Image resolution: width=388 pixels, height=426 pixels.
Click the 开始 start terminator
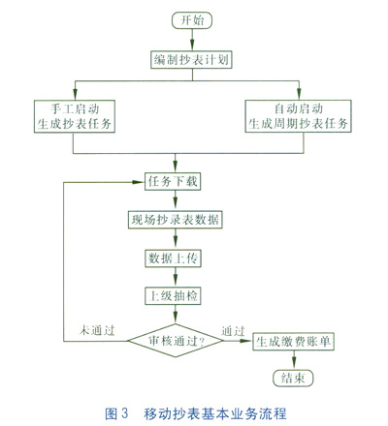tap(192, 20)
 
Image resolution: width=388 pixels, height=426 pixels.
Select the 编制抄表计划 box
tap(191, 60)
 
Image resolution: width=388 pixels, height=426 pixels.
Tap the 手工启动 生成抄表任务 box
tap(75, 116)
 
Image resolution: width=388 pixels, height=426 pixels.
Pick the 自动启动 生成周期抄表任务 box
tap(298, 116)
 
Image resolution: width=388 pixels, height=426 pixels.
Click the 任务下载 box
tap(173, 181)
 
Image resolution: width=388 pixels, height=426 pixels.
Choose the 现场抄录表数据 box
tap(176, 220)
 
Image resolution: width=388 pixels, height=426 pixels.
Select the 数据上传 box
tap(173, 259)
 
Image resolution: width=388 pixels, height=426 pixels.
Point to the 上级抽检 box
tap(173, 296)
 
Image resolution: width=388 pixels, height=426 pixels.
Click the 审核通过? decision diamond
tap(176, 341)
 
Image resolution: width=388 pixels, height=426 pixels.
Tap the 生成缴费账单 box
tap(293, 342)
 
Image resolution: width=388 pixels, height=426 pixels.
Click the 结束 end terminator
tap(293, 378)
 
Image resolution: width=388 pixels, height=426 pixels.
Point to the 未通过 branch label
tap(97, 330)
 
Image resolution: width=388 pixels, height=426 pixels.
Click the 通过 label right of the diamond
tap(233, 331)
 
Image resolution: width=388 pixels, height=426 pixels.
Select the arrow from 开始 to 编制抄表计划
tap(192, 40)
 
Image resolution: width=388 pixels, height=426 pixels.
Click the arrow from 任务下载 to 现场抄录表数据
tap(176, 200)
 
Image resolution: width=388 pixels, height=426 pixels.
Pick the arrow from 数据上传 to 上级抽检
tap(176, 277)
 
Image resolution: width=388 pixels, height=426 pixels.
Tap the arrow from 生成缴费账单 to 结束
tap(294, 360)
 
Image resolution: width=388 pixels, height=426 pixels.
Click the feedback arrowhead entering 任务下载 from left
tap(139, 182)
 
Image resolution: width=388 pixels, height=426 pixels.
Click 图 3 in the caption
tap(116, 413)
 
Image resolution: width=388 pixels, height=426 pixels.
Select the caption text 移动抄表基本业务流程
tap(215, 413)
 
